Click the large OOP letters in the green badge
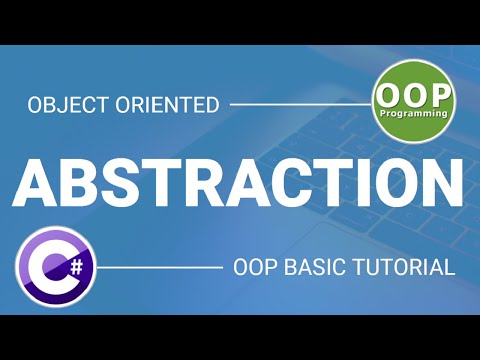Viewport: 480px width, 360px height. click(x=413, y=96)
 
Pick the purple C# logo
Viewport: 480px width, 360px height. click(x=54, y=267)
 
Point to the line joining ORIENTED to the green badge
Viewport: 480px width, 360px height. click(x=300, y=103)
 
